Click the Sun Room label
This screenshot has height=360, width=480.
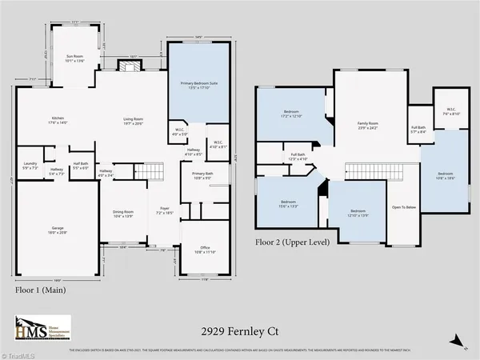tap(74, 58)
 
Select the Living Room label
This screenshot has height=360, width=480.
tap(133, 121)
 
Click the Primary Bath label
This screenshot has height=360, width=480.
tap(202, 175)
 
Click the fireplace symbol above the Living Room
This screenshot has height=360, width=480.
tap(126, 68)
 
